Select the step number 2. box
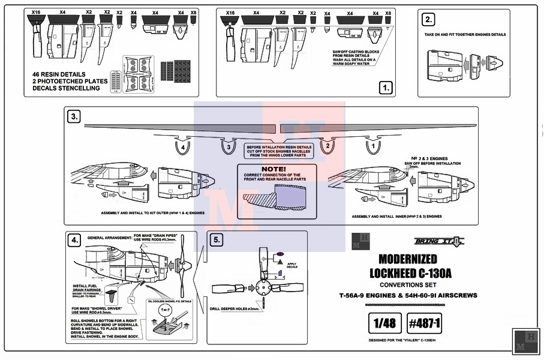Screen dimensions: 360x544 coord(428,20)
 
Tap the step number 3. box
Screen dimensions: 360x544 coord(74,117)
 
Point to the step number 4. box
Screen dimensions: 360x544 coord(74,241)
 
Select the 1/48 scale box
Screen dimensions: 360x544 coord(383,323)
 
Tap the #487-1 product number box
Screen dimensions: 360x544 coord(425,323)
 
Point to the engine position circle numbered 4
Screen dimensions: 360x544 coord(183,145)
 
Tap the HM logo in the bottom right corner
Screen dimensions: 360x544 coord(525,341)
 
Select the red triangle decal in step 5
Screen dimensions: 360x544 coord(279,263)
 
